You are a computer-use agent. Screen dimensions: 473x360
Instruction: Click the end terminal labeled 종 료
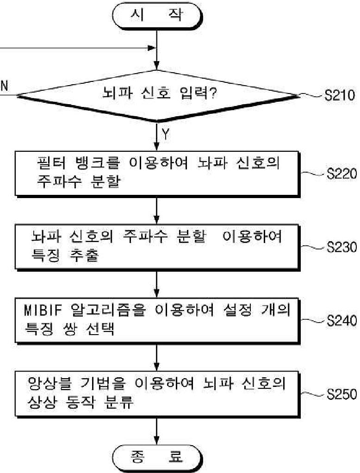click(x=158, y=458)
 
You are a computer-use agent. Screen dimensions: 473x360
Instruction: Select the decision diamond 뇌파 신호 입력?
click(x=158, y=96)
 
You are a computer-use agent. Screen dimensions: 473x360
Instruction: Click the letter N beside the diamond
click(x=5, y=86)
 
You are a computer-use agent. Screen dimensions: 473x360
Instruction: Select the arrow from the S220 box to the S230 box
click(x=158, y=210)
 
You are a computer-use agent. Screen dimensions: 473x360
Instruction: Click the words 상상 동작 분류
click(x=81, y=403)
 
